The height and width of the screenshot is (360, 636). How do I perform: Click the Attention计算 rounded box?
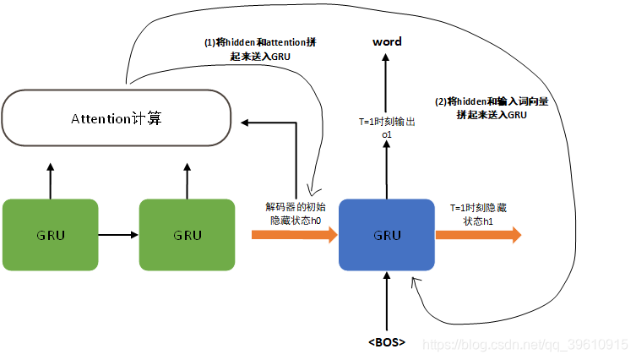[x=117, y=118]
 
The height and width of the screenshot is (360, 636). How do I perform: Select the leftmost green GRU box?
[x=51, y=235]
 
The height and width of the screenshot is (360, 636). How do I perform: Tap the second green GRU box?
[x=187, y=235]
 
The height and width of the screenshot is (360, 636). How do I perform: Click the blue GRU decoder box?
[x=387, y=235]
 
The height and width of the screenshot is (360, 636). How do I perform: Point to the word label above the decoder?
[x=387, y=41]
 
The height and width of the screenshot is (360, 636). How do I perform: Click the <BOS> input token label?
[x=387, y=342]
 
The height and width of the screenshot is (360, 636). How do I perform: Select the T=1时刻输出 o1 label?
[x=387, y=128]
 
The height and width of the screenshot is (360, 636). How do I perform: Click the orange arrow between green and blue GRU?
[x=294, y=235]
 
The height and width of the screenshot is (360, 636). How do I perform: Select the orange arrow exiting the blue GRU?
[x=478, y=235]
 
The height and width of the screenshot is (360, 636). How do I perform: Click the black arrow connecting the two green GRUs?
[x=118, y=235]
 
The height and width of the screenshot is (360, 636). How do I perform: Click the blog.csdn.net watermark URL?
[x=524, y=345]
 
